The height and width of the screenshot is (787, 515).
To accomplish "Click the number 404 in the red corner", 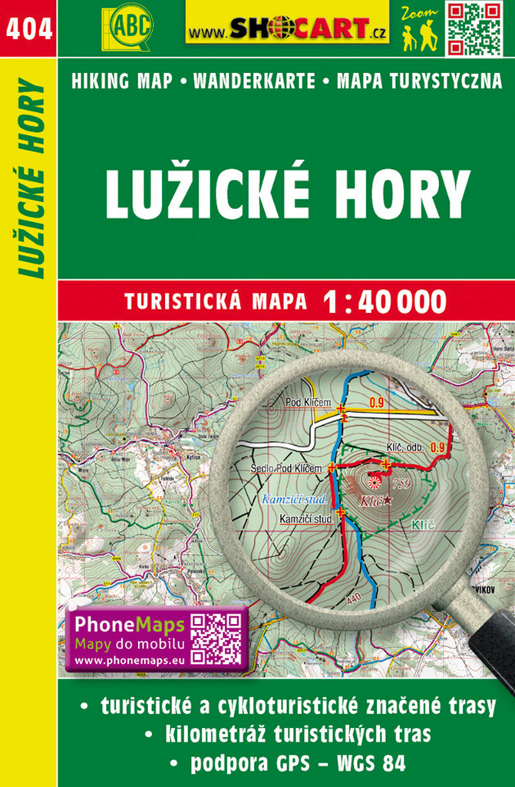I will pyautogui.click(x=28, y=28).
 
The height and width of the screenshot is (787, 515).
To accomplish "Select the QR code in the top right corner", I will pyautogui.click(x=474, y=29).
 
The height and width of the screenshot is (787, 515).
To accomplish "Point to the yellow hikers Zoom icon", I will pyautogui.click(x=419, y=31).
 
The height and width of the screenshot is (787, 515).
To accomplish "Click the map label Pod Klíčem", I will pyautogui.click(x=308, y=403).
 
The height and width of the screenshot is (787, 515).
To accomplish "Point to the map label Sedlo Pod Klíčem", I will pyautogui.click(x=288, y=467).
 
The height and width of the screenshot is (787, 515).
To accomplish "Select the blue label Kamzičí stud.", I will pyautogui.click(x=295, y=500).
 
